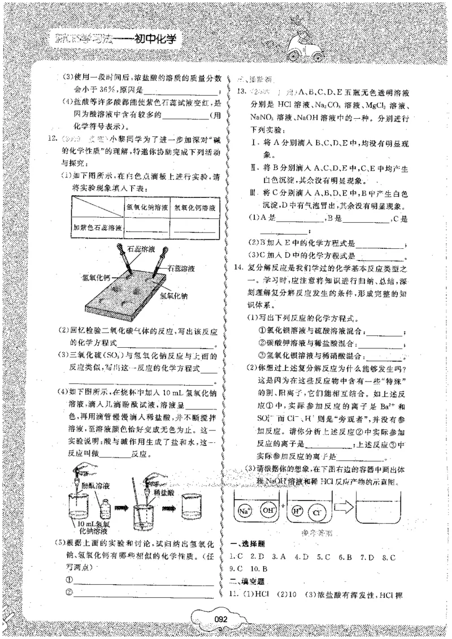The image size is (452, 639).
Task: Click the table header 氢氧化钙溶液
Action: pos(195,209)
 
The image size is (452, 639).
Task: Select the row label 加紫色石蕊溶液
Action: pos(97,228)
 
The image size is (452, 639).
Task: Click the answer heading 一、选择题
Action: pos(247,544)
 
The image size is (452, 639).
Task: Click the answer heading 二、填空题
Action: pos(247,581)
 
